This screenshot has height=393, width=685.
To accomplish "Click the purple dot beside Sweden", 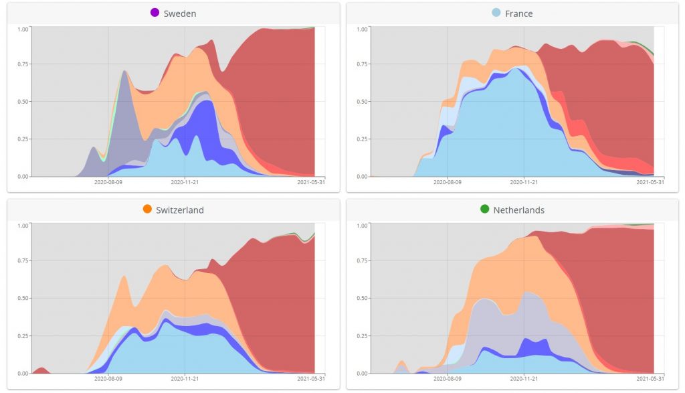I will [155, 13].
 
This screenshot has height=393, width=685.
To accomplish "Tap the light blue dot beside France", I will [496, 13].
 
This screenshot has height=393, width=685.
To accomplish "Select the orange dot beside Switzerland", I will [147, 210].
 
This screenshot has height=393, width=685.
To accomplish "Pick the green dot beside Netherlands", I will [485, 210].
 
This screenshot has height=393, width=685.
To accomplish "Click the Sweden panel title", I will [180, 13].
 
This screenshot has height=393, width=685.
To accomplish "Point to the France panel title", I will [519, 13].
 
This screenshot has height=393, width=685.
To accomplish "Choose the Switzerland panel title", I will [180, 210].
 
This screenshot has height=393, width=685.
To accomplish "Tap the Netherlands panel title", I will [519, 210].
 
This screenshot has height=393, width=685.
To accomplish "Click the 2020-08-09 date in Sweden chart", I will [109, 181].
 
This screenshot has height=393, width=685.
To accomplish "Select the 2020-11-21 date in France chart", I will [524, 181].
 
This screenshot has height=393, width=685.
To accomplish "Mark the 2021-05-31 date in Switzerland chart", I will [312, 378].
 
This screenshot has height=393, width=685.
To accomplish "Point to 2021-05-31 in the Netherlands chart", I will [650, 378].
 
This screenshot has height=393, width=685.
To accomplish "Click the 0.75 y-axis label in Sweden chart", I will [23, 64].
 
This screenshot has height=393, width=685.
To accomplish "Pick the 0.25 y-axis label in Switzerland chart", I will [23, 336].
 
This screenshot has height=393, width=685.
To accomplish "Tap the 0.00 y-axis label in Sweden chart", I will [23, 177].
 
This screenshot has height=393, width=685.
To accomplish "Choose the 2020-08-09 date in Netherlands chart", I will [448, 378].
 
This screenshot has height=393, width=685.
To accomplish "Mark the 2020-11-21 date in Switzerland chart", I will [185, 378].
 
